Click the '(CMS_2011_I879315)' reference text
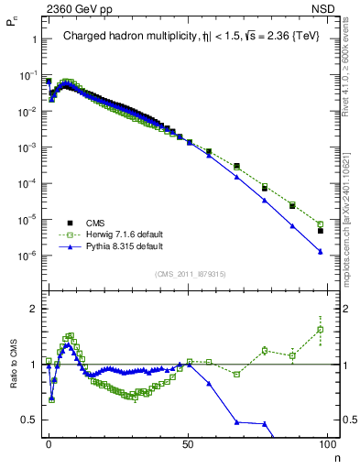click(x=190, y=273)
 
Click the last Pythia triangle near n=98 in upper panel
click(x=321, y=251)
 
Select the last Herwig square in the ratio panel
click(x=321, y=330)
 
